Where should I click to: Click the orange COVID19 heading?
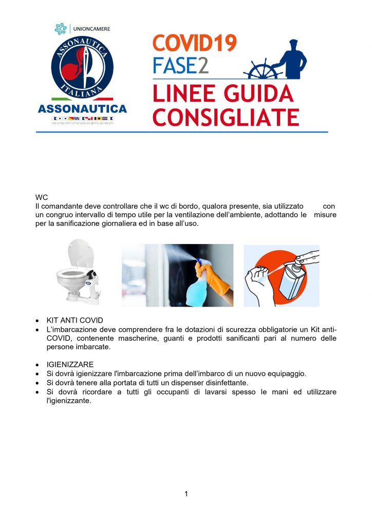pyautogui.click(x=194, y=43)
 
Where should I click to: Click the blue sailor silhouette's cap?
pyautogui.click(x=293, y=43)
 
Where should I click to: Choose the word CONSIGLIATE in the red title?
pyautogui.click(x=226, y=118)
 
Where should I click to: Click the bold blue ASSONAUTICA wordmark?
pyautogui.click(x=82, y=109)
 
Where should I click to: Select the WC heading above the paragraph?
pyautogui.click(x=42, y=197)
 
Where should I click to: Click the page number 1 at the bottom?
pyautogui.click(x=186, y=494)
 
